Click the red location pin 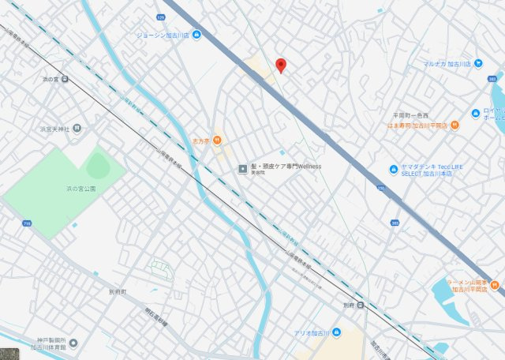click(280, 65)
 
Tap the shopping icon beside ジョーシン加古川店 click(196, 35)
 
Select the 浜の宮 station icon click(65, 78)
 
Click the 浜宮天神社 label click(56, 129)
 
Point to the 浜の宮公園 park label click(80, 189)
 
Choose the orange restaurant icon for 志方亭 click(217, 141)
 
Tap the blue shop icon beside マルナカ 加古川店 click(478, 63)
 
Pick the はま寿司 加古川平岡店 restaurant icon click(454, 125)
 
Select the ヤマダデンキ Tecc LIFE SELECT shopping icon click(392, 168)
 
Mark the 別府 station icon click(360, 305)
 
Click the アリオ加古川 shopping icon click(337, 332)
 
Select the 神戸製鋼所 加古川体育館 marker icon click(73, 343)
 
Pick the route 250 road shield click(380, 188)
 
